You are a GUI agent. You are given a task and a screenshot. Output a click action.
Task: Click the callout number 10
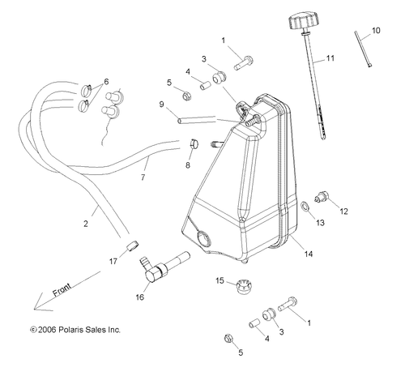coord(375,30)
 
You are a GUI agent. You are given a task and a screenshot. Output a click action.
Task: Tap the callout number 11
coord(330,58)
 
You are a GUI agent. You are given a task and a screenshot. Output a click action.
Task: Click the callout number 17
coord(114,263)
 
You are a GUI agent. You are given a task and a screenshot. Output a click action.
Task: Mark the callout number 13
coord(320,222)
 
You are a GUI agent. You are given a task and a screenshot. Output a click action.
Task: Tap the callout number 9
coord(161,105)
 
